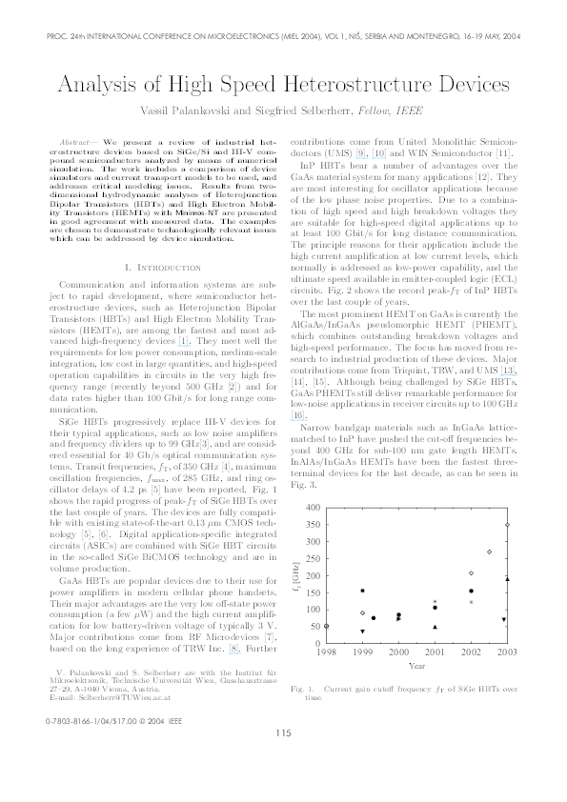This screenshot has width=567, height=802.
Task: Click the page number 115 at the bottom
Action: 282,758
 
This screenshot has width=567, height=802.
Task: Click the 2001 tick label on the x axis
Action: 435,652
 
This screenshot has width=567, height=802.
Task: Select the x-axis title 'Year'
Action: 416,666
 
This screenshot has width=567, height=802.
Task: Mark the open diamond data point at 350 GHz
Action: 507,524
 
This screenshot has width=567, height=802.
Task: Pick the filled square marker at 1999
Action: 362,591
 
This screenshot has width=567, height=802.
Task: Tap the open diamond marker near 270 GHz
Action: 489,551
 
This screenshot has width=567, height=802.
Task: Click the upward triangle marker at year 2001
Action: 435,627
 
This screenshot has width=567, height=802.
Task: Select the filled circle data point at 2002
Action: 471,591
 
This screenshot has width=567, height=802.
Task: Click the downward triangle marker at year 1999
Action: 362,631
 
